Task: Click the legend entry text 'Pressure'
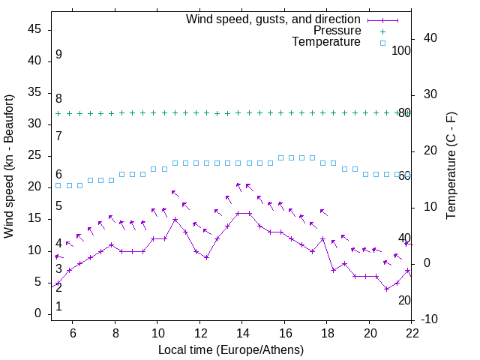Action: tap(337, 31)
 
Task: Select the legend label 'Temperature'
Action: tap(326, 43)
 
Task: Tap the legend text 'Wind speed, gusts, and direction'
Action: tap(274, 19)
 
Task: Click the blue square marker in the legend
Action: tap(382, 43)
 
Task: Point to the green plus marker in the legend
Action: tap(382, 31)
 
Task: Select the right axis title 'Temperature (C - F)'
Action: tap(451, 166)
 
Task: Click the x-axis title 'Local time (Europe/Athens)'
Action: tap(231, 350)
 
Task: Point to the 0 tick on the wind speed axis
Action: tap(37, 314)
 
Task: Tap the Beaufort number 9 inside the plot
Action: tap(58, 55)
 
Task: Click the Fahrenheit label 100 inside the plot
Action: tap(401, 51)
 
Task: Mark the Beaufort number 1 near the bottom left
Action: tap(58, 307)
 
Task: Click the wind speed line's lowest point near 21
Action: tap(387, 289)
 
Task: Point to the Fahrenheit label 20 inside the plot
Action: tap(404, 300)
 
